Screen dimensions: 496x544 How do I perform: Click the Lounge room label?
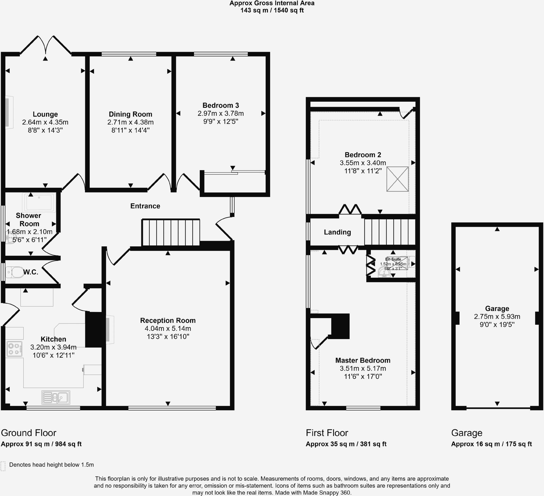point(45,114)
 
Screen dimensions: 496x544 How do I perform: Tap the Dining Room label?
point(130,114)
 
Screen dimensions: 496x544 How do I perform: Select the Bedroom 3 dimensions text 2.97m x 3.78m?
point(220,114)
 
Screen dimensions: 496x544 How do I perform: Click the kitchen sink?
point(56,397)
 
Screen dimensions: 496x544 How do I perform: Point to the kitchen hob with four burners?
point(15,349)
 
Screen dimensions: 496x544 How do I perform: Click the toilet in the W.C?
point(15,272)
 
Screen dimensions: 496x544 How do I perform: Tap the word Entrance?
point(145,206)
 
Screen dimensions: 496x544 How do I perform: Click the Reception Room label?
point(168,320)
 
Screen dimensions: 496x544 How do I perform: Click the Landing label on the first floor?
point(337,232)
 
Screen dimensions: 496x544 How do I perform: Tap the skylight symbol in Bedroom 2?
point(397,179)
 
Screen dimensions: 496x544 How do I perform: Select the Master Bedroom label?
point(363,360)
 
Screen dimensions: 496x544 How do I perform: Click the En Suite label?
point(393,259)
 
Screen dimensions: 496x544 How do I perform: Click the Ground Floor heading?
point(29,433)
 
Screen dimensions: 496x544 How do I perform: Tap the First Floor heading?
point(327,433)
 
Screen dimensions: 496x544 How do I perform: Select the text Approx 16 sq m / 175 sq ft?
point(491,444)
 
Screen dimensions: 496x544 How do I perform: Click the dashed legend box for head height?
point(3,466)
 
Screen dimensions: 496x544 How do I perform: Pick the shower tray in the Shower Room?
point(39,202)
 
